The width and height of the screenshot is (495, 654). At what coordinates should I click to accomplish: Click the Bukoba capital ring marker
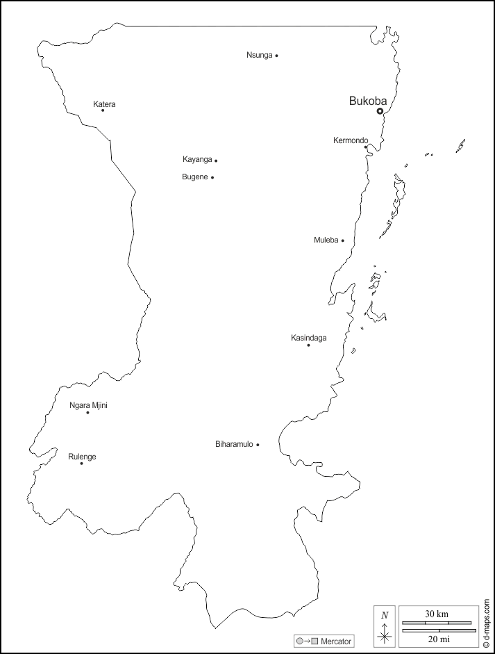[380, 111]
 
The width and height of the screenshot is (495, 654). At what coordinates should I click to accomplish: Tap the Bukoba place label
[367, 101]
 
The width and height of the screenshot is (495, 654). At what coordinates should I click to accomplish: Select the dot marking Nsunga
[276, 56]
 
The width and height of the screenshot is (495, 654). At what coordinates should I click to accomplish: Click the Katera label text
[104, 104]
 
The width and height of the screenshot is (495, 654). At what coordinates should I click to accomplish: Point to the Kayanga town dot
[216, 161]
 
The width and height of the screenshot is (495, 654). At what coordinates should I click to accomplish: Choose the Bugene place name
[194, 177]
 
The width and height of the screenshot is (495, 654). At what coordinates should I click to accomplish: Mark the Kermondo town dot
[366, 147]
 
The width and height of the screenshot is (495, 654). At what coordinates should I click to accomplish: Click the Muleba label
[326, 240]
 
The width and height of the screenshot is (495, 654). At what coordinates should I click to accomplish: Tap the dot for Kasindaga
[309, 345]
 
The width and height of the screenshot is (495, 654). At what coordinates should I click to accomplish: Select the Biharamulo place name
[234, 444]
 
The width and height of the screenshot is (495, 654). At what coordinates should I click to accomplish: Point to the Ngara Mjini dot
[87, 413]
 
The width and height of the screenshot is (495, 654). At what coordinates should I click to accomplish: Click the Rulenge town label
[82, 457]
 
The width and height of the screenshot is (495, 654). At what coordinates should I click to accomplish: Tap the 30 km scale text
[437, 614]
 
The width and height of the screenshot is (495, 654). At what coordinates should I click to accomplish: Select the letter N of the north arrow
[385, 614]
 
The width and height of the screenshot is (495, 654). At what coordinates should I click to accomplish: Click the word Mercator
[336, 641]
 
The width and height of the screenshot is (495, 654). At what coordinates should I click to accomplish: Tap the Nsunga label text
[259, 55]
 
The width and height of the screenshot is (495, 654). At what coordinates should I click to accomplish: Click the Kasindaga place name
[308, 338]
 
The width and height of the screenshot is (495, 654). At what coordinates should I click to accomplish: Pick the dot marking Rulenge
[81, 464]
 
